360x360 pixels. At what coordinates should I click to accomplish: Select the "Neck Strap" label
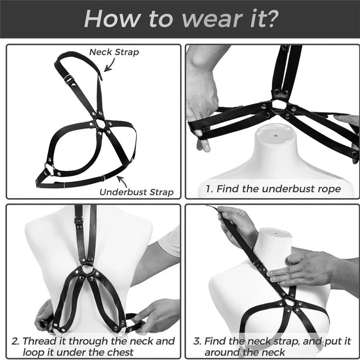pos(114,52)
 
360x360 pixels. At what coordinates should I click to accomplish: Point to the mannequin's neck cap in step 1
pos(273,135)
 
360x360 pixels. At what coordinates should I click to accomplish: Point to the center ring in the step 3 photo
pos(293,303)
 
